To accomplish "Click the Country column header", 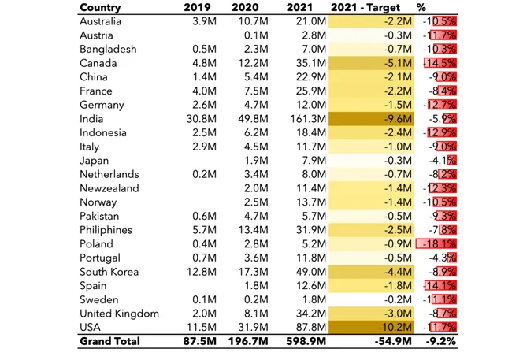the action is pyautogui.click(x=100, y=7).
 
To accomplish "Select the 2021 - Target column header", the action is pyautogui.click(x=365, y=7).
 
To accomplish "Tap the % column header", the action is pyautogui.click(x=421, y=7).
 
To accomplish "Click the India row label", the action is pyautogui.click(x=91, y=119).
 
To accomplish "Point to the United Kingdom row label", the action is pyautogui.click(x=119, y=314).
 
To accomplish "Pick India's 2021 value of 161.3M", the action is pyautogui.click(x=308, y=119).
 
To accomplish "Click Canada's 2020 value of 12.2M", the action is pyautogui.click(x=253, y=63).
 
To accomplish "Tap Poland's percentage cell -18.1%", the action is pyautogui.click(x=436, y=243).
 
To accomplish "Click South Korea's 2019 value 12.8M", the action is pyautogui.click(x=202, y=272).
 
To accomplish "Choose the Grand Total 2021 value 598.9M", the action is pyautogui.click(x=306, y=341).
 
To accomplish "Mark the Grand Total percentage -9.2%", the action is pyautogui.click(x=440, y=341).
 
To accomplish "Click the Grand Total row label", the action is pyautogui.click(x=109, y=341).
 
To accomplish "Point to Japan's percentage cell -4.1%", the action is pyautogui.click(x=443, y=161).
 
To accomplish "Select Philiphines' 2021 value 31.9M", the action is pyautogui.click(x=311, y=230).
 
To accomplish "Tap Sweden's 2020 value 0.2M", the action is pyautogui.click(x=256, y=299).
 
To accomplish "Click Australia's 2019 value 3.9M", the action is pyautogui.click(x=205, y=21).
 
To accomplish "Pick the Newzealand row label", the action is pyautogui.click(x=109, y=188).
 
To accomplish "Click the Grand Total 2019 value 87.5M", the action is pyautogui.click(x=199, y=341).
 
